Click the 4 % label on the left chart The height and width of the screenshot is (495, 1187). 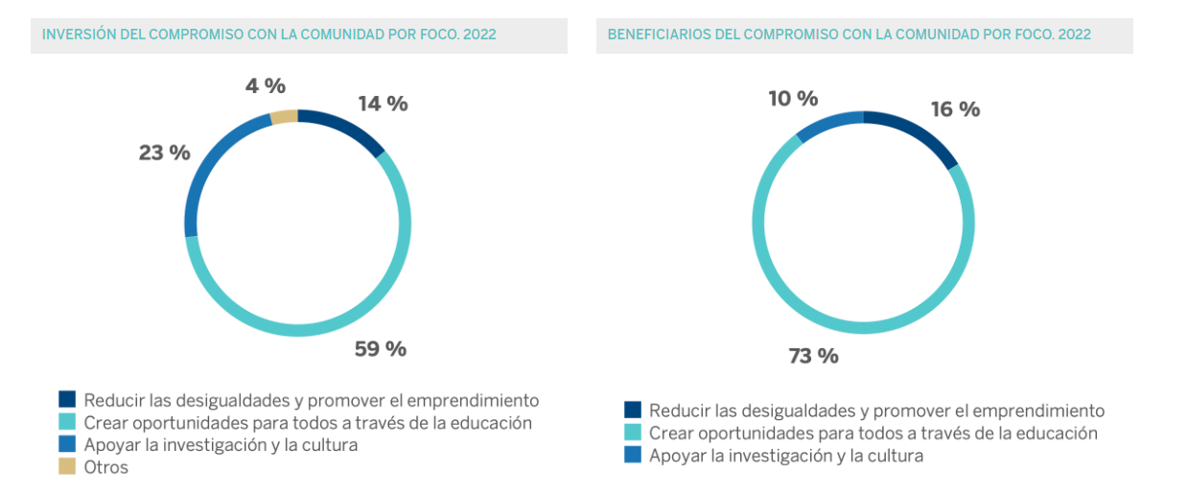[x=266, y=86]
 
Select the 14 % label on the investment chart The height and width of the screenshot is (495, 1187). [x=383, y=105]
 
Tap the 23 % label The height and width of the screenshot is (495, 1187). [x=164, y=153]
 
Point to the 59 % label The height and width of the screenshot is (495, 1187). [x=381, y=349]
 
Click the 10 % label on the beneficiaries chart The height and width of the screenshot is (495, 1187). [x=793, y=99]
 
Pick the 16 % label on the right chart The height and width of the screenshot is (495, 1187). [x=955, y=109]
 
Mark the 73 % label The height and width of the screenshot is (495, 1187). [x=813, y=357]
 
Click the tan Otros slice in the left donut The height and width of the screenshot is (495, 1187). [x=284, y=117]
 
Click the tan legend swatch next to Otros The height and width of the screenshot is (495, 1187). [x=67, y=467]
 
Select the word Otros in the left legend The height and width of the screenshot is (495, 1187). [x=105, y=467]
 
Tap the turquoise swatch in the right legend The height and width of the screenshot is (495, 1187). [x=633, y=433]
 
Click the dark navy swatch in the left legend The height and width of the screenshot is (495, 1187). [x=67, y=399]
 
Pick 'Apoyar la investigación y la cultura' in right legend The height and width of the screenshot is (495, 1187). [x=785, y=456]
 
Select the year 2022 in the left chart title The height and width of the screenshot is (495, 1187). [x=478, y=35]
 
